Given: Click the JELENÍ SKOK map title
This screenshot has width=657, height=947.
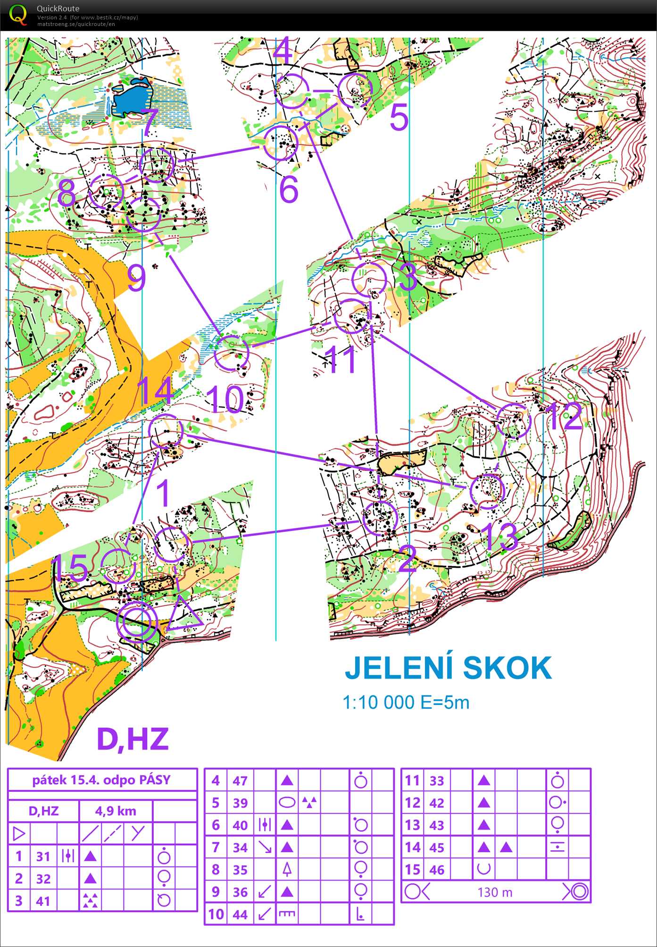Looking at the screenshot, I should [448, 668].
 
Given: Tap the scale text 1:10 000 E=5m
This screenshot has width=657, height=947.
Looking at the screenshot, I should [406, 703].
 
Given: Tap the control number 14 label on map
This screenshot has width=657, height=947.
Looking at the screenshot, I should [156, 390].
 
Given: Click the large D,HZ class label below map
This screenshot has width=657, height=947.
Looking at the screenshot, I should [133, 739].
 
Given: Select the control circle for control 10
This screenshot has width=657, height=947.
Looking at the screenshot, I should [231, 352].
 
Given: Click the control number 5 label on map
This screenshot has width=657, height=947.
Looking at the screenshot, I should [399, 118].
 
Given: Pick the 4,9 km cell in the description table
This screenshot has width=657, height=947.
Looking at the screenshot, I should [116, 811].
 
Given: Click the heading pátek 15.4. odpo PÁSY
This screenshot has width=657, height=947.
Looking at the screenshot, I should [101, 780].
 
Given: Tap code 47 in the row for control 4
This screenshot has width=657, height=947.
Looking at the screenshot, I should [240, 781].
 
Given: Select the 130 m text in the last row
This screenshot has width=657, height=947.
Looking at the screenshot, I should [494, 892].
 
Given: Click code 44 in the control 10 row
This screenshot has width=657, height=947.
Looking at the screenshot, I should [240, 914].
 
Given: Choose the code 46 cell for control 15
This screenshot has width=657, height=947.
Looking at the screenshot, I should [437, 870].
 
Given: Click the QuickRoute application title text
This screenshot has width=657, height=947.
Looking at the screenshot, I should [58, 8].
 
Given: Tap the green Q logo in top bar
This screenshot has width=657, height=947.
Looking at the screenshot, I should [18, 14].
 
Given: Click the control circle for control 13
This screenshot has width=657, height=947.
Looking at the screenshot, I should [487, 491].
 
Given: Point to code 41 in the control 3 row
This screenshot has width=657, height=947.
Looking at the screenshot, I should [43, 901].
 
